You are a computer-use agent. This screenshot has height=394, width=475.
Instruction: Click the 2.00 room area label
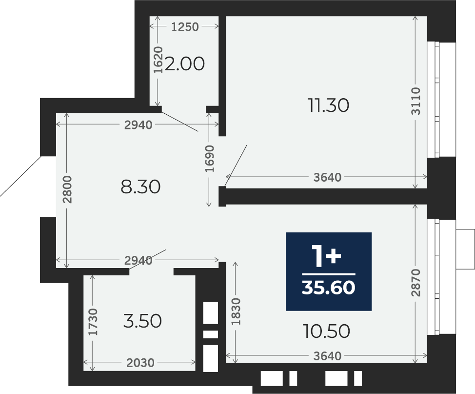184,64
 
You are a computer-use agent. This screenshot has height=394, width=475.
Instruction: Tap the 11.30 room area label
328,105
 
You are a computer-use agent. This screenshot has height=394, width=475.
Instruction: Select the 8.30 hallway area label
140,187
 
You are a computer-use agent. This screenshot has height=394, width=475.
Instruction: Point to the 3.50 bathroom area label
142,321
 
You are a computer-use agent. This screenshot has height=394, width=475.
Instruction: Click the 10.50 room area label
327,331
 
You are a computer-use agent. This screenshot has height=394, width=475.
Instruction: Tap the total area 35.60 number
328,287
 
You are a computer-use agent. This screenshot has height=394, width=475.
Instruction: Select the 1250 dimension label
185,27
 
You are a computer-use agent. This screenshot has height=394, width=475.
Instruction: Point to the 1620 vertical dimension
158,60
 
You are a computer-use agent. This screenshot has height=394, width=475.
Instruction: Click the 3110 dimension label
416,101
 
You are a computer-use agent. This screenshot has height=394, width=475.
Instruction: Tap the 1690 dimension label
209,159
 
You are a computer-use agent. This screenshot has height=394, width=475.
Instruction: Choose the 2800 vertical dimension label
67,189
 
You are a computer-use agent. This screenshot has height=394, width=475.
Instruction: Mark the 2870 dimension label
416,282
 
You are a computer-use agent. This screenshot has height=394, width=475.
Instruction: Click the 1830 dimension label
236,311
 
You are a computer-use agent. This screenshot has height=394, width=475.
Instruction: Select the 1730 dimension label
93,322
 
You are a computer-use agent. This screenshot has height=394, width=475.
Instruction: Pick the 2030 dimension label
140,362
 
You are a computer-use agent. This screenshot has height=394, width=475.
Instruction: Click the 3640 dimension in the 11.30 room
327,177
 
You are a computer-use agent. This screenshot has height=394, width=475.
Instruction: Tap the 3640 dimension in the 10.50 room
327,356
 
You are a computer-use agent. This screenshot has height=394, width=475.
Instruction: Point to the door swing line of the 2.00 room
180,121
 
